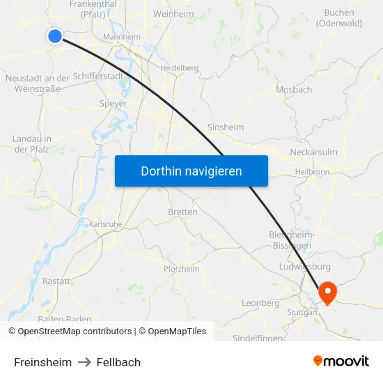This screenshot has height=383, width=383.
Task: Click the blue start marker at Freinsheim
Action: point(55,36)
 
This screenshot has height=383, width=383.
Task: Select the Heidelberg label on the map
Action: point(180,68)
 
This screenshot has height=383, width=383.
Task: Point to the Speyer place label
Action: point(114,104)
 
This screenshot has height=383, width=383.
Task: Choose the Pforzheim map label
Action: point(181,269)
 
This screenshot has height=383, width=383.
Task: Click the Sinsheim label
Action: point(226,127)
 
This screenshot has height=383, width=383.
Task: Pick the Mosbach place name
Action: point(294,90)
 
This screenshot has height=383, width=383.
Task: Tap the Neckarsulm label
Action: point(313,153)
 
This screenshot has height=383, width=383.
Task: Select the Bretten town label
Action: point(182,212)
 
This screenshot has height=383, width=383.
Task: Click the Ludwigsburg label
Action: point(304,267)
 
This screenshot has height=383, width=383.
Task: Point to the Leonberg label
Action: point(260,303)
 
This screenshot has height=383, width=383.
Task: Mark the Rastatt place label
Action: point(56,281)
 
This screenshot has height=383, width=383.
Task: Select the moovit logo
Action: point(341,361)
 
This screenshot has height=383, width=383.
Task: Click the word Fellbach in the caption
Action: point(118,362)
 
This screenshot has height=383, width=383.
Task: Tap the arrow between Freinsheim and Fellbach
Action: point(84,362)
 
